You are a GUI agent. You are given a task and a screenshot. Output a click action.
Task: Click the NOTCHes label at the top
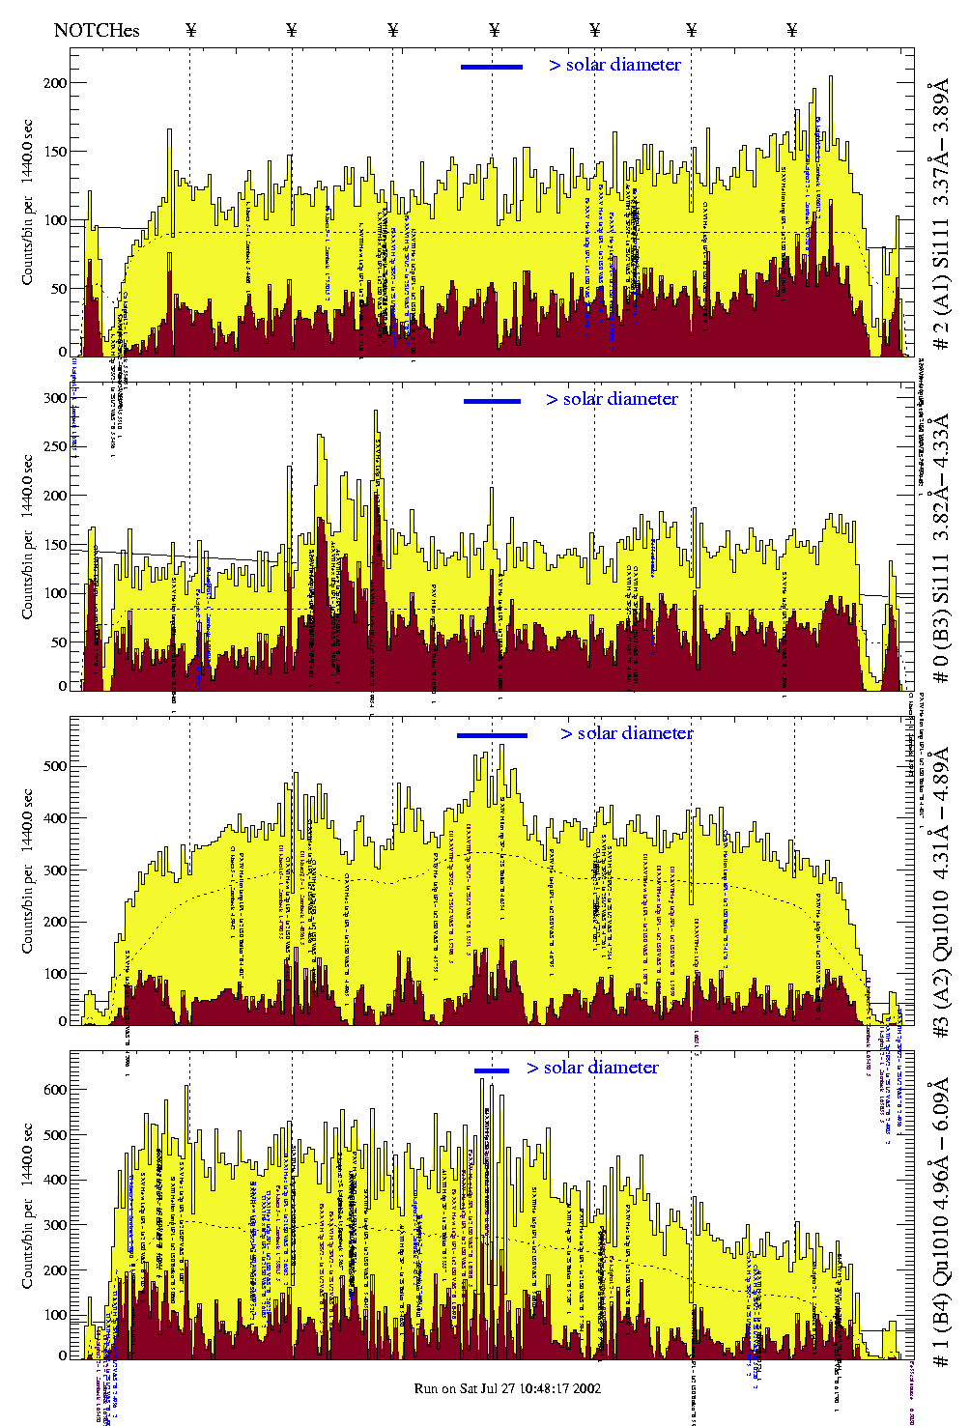pos(97,30)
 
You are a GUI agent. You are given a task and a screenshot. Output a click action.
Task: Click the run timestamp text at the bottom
pos(507,1388)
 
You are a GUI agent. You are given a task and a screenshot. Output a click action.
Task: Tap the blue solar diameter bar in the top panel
pos(492,67)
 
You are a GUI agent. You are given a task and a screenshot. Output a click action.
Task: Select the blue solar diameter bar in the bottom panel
pos(492,1070)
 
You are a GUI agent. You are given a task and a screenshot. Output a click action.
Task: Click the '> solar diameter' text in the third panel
pos(626,733)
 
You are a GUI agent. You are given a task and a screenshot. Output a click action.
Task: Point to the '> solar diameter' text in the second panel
pos(612,399)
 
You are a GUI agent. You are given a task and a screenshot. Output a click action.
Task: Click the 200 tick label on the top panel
pos(55,83)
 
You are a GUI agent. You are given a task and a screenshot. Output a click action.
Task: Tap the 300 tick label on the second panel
pos(55,398)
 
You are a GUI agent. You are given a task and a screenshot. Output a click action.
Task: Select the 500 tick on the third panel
pos(55,766)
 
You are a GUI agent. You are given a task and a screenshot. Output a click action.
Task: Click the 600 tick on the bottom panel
pos(55,1090)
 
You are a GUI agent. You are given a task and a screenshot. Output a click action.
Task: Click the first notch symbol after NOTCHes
pos(190,30)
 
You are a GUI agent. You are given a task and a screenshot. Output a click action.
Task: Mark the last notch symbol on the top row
pos(792,30)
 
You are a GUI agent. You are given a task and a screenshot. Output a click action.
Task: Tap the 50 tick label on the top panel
pos(59,289)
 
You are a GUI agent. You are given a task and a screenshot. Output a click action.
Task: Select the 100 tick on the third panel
pos(55,974)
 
